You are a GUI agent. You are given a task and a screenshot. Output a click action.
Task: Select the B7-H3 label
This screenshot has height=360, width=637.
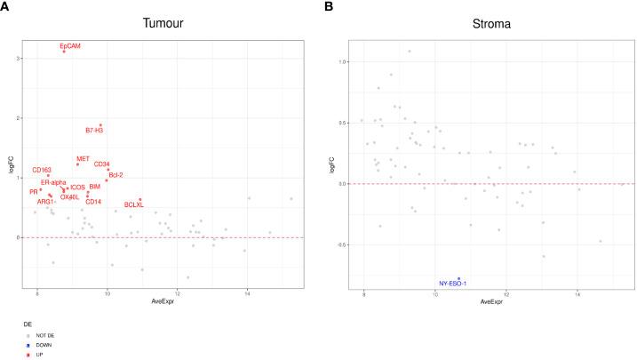(x=95, y=132)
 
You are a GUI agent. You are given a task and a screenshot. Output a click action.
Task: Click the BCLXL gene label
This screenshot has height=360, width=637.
(x=134, y=205)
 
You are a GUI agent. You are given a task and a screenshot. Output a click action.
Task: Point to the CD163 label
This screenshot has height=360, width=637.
(x=43, y=170)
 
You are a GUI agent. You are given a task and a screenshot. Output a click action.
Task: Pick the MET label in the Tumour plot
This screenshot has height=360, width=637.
(x=83, y=159)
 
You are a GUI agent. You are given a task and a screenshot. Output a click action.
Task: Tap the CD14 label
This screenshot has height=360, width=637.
(x=93, y=201)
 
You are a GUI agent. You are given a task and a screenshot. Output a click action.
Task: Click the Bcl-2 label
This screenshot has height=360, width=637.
(x=115, y=175)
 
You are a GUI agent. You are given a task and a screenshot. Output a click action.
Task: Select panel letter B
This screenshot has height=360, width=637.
(x=329, y=7)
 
